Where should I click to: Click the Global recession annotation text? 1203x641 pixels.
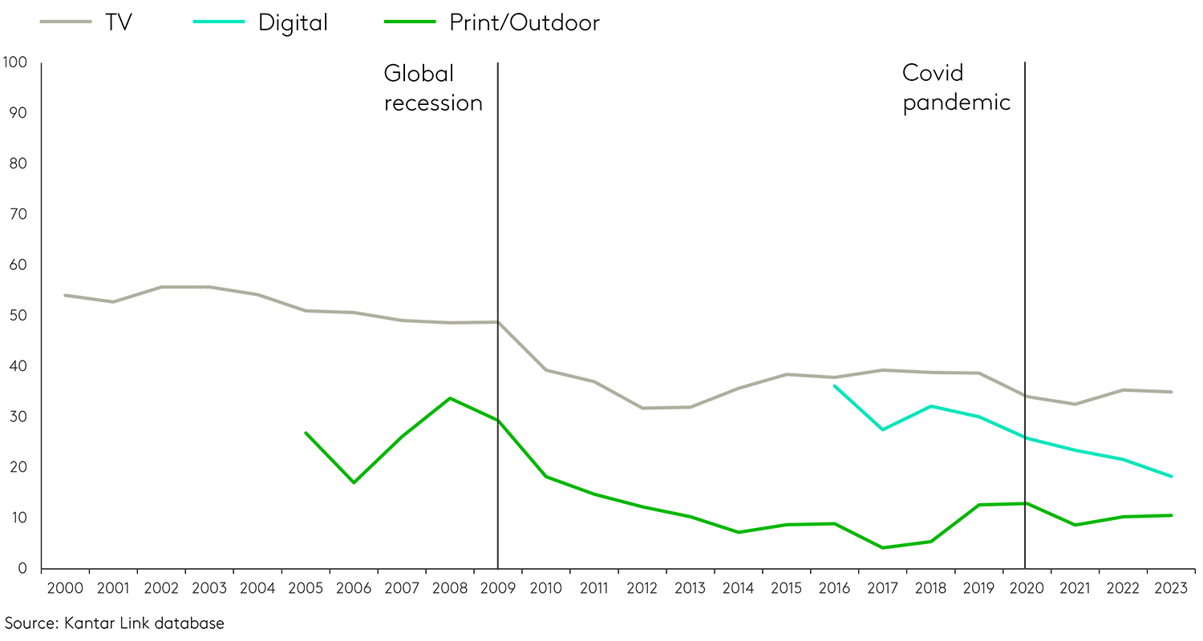[x=433, y=88]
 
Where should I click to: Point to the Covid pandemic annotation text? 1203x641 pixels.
[x=956, y=88]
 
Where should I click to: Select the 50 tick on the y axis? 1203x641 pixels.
[x=17, y=316]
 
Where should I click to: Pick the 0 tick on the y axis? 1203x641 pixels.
[x=22, y=569]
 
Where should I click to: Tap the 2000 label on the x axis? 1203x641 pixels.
[x=65, y=589]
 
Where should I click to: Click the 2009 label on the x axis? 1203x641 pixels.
[x=498, y=589]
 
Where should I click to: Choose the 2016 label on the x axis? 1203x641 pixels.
[x=835, y=589]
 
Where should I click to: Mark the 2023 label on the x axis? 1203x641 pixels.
[x=1172, y=589]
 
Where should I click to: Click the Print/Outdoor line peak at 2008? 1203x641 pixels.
[x=450, y=398]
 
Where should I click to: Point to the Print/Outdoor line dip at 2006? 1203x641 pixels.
[x=354, y=482]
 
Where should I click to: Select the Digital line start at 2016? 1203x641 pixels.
[x=835, y=386]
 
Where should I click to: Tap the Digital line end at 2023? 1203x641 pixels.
[x=1172, y=477]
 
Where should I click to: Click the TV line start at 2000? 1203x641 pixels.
[x=65, y=295]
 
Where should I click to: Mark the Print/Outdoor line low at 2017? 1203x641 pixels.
[x=883, y=548]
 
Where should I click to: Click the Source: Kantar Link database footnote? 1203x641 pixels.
[x=115, y=623]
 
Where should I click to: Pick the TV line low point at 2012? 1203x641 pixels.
[x=642, y=408]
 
